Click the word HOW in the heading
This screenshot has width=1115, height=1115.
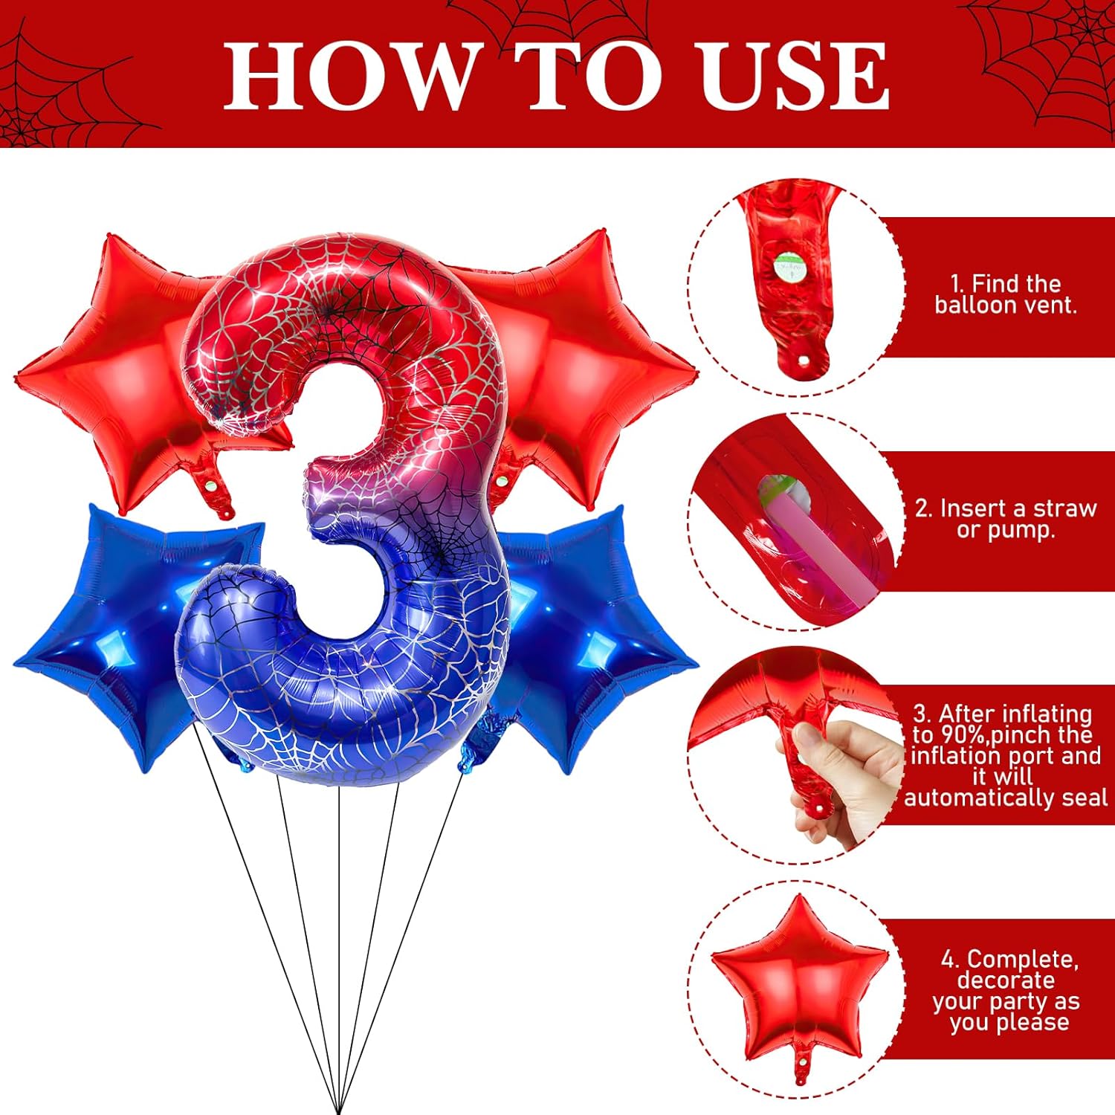pos(349,75)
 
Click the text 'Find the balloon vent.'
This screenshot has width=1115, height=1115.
pos(1006,294)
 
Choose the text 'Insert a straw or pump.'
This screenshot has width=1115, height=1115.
pos(1006,519)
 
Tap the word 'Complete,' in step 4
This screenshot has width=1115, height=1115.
pos(1009,959)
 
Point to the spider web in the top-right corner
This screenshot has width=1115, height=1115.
pos(1041,59)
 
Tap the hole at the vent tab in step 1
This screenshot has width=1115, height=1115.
pos(804,360)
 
